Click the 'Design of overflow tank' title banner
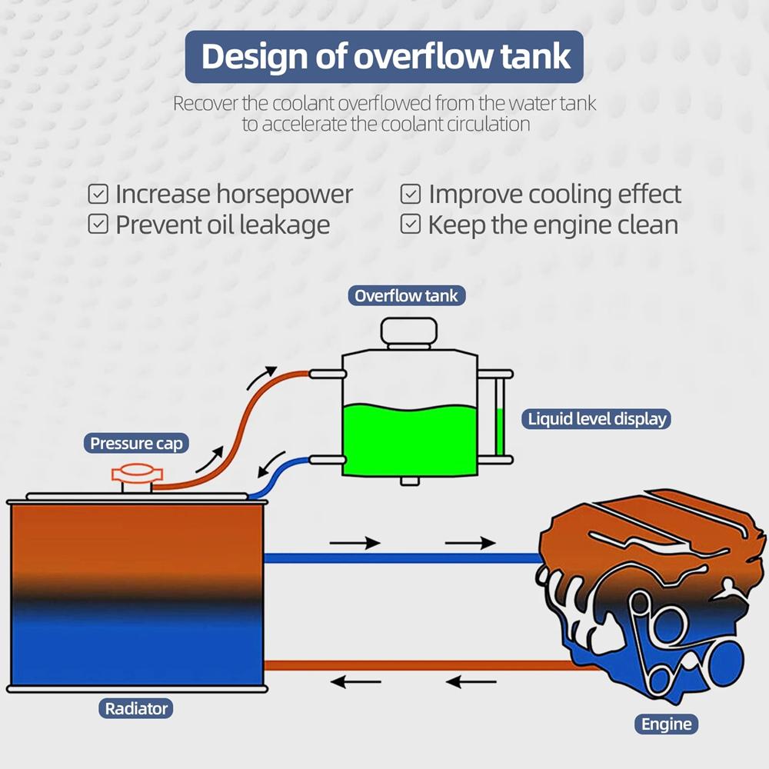tap(384, 56)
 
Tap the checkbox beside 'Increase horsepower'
tap(98, 194)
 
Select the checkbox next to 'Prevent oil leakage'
tap(98, 224)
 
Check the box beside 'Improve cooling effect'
tap(411, 194)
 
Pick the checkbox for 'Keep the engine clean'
tap(411, 224)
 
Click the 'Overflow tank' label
tap(406, 296)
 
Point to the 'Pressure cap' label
tap(136, 444)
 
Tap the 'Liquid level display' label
tap(597, 419)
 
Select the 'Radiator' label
tap(136, 709)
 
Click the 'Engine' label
tap(666, 724)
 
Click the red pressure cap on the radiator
tap(137, 478)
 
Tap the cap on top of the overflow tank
tap(409, 334)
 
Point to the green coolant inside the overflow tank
tap(409, 440)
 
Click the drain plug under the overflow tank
tap(410, 481)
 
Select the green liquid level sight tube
tap(500, 417)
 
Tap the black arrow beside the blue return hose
tap(272, 464)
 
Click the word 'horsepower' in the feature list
tap(285, 195)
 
